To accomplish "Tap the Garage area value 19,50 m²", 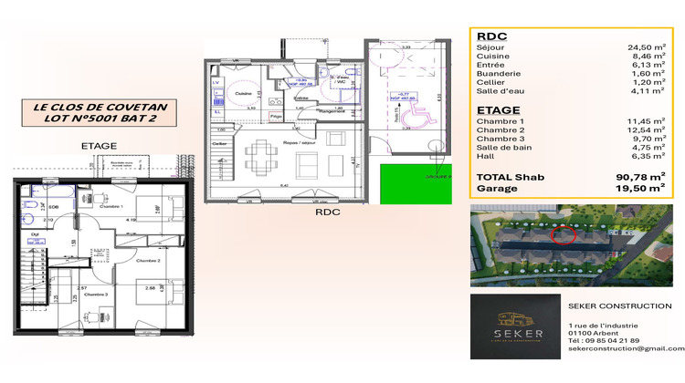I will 643,189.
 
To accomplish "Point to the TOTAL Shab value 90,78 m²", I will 643,178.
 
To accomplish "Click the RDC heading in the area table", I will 493,37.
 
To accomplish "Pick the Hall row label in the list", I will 488,155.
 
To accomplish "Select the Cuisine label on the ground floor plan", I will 243,93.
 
